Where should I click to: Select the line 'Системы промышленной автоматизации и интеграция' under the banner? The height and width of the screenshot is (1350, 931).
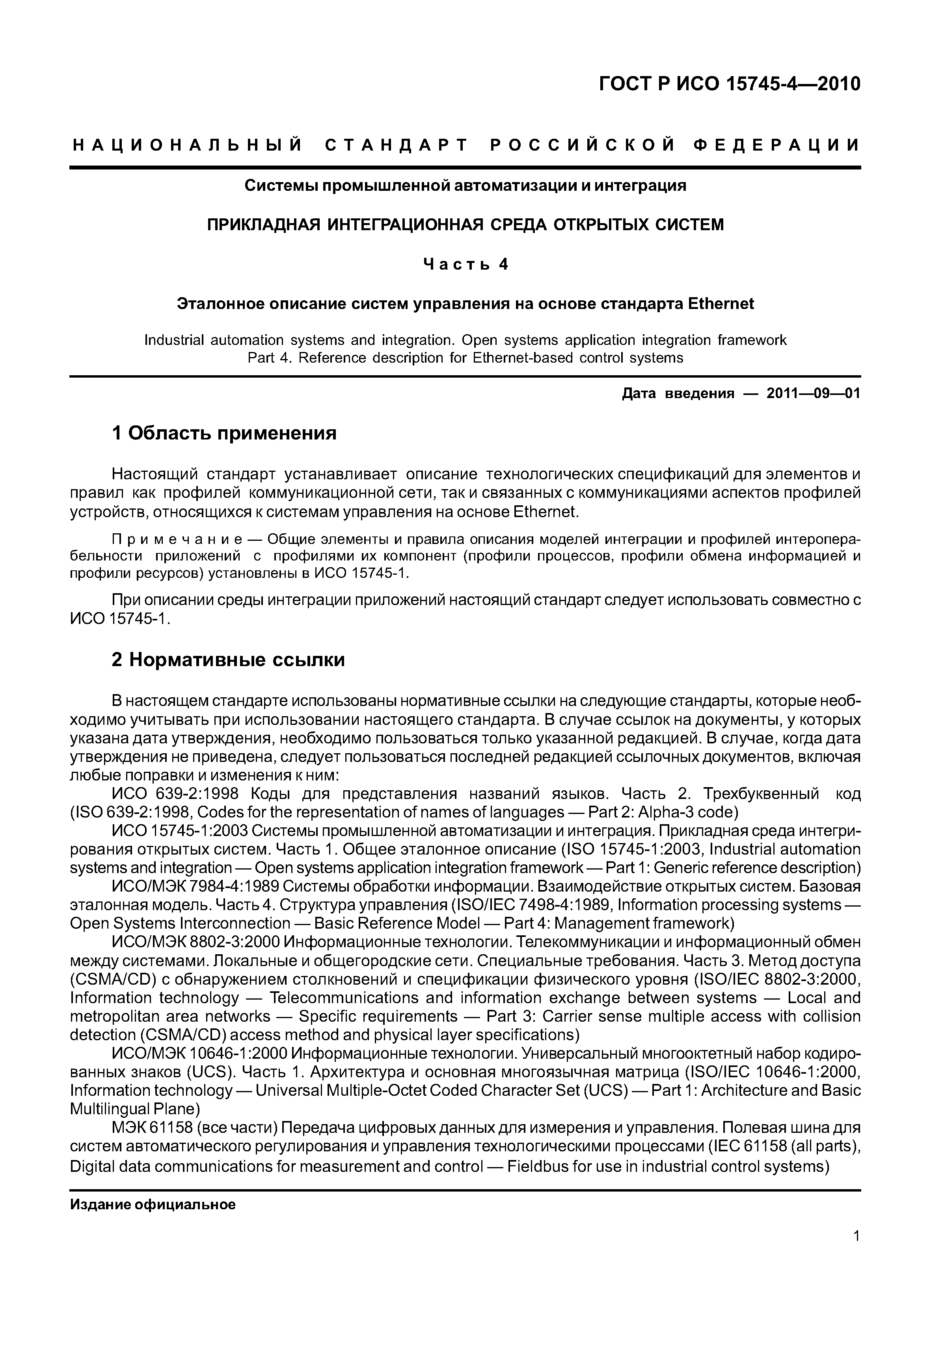(465, 186)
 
